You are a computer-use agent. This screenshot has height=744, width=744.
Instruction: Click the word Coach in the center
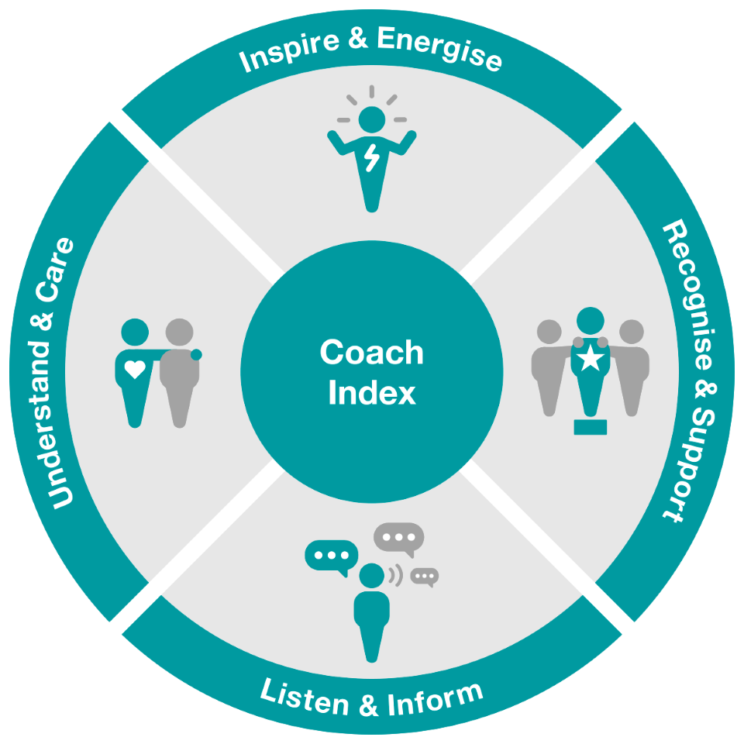point(372,353)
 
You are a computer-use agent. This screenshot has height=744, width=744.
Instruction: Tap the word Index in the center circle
point(372,393)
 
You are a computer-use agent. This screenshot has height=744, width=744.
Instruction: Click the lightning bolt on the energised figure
point(373,159)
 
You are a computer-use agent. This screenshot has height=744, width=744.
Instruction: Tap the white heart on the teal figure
point(135,370)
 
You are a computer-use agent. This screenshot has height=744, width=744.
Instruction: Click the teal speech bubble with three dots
point(332,556)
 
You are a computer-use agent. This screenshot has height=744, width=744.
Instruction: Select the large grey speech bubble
point(398,537)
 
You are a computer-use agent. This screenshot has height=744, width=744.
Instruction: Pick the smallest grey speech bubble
point(425,576)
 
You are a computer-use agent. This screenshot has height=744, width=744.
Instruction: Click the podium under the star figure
point(591,426)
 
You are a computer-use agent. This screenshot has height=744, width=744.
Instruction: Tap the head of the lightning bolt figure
point(373,119)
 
